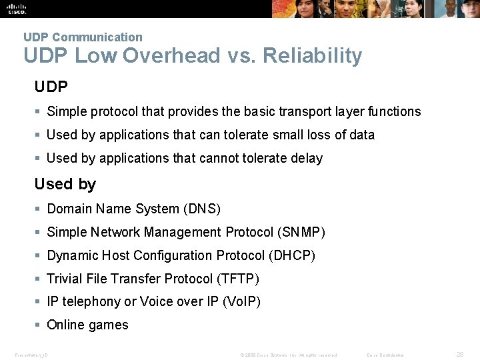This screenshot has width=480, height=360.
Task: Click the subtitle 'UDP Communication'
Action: pos(83,37)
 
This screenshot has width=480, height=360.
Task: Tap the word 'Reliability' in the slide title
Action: pos(313,56)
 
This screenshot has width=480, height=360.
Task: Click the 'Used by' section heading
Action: pos(65,184)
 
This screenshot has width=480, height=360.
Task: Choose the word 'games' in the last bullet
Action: pos(110,325)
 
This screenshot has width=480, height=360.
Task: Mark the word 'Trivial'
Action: pos(65,279)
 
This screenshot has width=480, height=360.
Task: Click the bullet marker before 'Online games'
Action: pos(39,325)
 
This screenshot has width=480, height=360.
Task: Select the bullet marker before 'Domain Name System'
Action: pos(39,209)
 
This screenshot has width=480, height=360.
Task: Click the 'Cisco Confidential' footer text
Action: pos(385,355)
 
